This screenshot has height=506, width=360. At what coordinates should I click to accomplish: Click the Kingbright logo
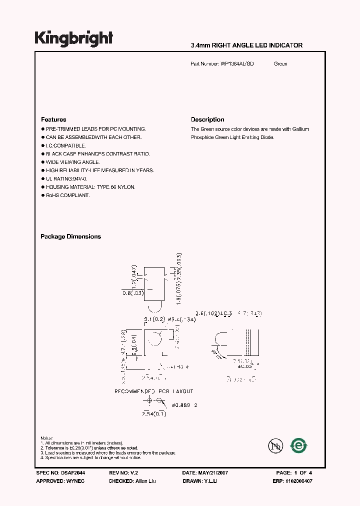pos(74,39)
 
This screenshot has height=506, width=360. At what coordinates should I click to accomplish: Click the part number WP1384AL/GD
pos(237,64)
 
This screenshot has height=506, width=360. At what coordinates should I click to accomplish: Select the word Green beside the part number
pos(280,64)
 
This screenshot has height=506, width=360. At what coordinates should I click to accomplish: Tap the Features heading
pos(53,119)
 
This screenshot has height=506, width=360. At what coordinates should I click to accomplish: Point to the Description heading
pos(207,119)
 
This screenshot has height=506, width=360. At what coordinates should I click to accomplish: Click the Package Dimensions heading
pos(70,236)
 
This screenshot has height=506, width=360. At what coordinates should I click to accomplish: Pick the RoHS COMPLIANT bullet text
pos(68,195)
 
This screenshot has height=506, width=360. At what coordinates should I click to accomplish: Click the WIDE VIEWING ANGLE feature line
pos(73,162)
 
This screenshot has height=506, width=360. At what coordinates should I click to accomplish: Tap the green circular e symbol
pos(299,445)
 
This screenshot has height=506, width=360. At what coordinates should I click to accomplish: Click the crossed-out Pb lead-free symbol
pos(275,445)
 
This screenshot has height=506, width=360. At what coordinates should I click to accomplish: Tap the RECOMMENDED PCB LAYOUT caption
pos(154,391)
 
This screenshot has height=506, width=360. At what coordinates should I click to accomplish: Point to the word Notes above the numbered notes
pos(47,438)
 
